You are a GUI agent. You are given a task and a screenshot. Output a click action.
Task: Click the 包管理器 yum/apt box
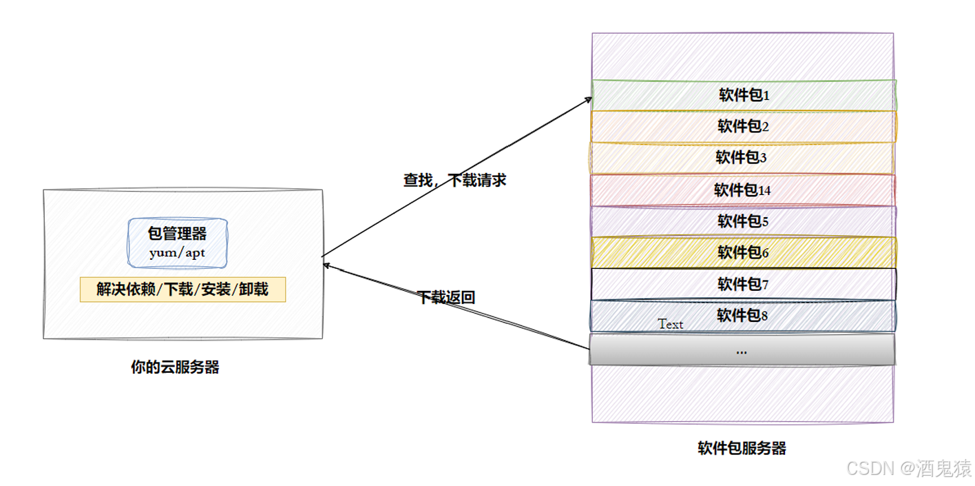[x=177, y=243]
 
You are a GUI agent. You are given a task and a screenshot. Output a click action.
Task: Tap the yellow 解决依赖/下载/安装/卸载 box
[x=182, y=290]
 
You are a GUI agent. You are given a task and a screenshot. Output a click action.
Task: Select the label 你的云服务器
[x=175, y=367]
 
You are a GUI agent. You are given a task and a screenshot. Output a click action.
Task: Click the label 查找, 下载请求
[x=454, y=181]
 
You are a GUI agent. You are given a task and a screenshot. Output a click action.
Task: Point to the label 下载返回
[x=446, y=298]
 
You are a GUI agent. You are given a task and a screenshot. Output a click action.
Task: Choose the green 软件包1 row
[x=744, y=95]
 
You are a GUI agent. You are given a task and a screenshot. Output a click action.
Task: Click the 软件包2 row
[x=744, y=126]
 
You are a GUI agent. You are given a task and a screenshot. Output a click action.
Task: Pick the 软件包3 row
[x=742, y=158]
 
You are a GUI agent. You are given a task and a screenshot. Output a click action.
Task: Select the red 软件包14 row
[x=742, y=190]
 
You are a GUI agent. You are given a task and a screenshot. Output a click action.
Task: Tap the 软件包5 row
[x=744, y=221]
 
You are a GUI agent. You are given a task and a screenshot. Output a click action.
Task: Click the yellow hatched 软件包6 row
[x=744, y=252]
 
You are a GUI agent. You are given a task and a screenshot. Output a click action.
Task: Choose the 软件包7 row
[x=744, y=283]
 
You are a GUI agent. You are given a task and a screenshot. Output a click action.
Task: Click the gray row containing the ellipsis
[x=742, y=350]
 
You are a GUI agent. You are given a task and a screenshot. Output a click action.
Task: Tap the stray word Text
[x=670, y=324]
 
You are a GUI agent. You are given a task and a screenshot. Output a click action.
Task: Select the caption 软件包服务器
[x=742, y=449]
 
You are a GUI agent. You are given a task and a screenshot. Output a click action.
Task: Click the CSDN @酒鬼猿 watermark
[x=908, y=469]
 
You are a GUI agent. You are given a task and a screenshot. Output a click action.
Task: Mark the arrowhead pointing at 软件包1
[x=589, y=99]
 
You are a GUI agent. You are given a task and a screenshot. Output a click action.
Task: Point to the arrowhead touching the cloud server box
[x=326, y=263]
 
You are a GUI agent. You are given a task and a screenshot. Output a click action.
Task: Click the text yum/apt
[x=177, y=253]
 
